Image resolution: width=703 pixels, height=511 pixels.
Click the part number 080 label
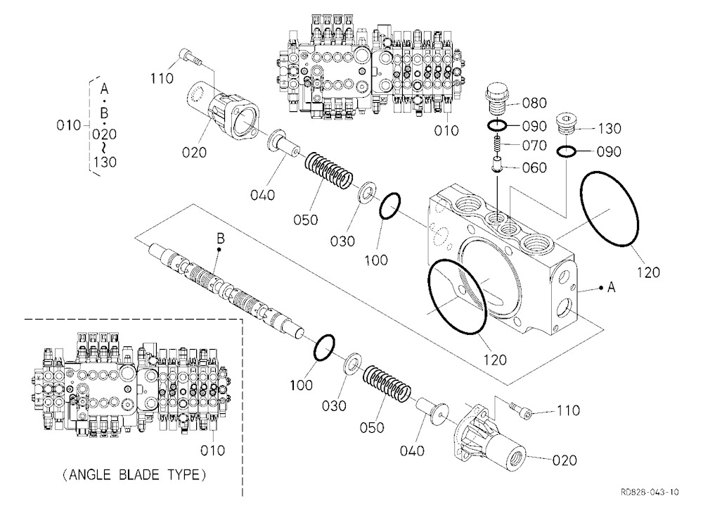[534, 103]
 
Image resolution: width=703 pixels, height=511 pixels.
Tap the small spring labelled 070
[497, 146]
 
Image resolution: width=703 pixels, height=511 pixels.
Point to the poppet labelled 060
[498, 164]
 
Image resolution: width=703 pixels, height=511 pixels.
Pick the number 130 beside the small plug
[610, 129]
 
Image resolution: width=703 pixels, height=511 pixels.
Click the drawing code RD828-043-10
[650, 492]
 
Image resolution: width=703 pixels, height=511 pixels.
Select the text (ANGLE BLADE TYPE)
[134, 474]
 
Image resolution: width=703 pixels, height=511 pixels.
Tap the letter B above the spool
[220, 239]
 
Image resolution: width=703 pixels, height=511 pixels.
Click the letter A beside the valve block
[611, 287]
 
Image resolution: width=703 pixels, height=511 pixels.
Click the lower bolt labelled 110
[520, 410]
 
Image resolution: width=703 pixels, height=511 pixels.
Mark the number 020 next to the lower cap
[565, 460]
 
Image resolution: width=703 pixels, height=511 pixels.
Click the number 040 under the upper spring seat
[263, 195]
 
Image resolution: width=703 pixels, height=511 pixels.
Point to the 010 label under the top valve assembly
[446, 131]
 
